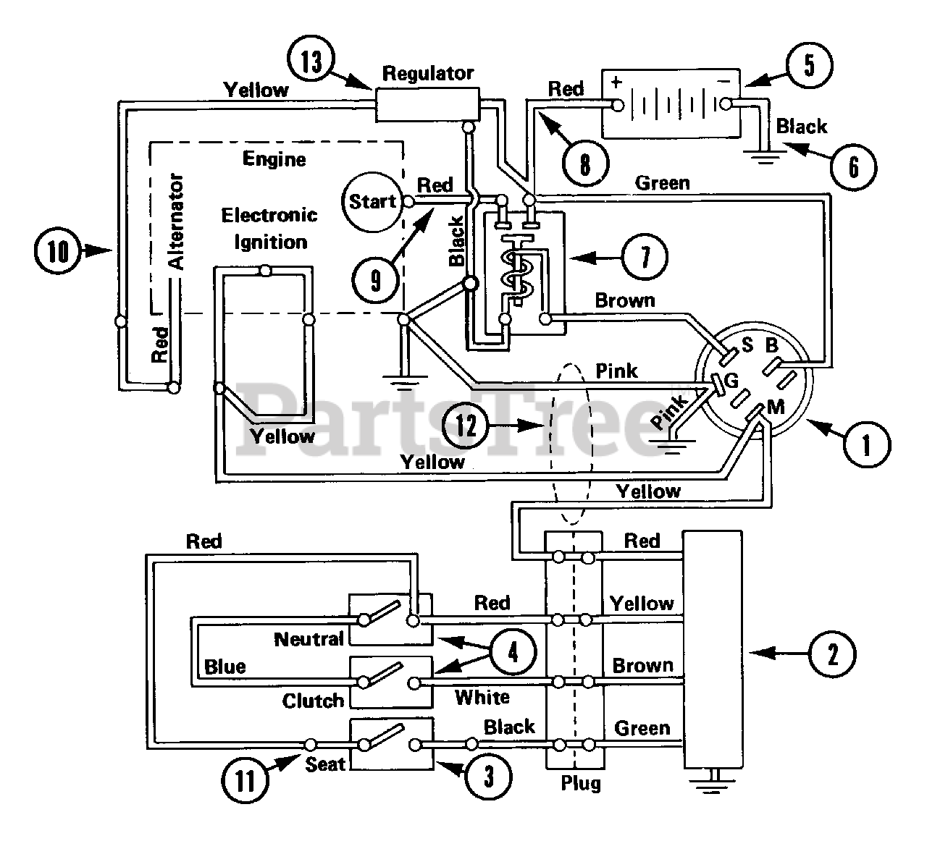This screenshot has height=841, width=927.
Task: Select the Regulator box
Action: tap(427, 103)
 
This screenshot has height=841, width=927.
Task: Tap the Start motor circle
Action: tap(372, 202)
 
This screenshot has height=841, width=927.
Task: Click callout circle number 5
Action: tap(809, 64)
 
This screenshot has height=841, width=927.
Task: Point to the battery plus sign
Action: tap(616, 82)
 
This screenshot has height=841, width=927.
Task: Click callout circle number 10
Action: tap(59, 252)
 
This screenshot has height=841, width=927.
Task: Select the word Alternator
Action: tap(177, 221)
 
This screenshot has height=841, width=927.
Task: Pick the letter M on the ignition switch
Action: tap(776, 407)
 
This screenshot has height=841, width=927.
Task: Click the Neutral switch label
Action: tap(309, 639)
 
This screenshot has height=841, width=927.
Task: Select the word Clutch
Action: tap(313, 701)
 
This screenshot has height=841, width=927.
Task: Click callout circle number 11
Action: tap(246, 781)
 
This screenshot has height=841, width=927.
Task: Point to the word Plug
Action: tap(580, 783)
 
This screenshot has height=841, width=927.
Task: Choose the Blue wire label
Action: tap(225, 667)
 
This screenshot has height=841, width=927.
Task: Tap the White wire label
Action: tap(482, 697)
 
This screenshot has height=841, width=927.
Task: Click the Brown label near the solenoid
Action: tap(624, 300)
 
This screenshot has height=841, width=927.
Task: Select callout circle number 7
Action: tap(645, 256)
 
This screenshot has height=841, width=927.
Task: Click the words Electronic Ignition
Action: tap(269, 228)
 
